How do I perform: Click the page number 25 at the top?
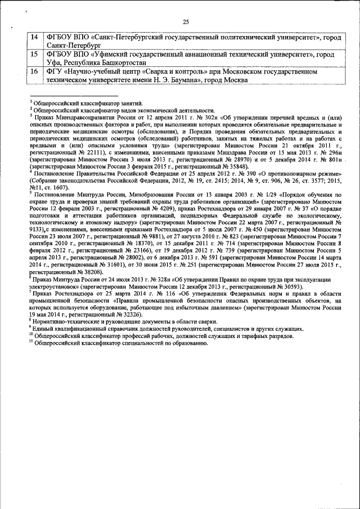(186, 21)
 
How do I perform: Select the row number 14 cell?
(34, 38)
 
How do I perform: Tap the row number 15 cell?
(34, 55)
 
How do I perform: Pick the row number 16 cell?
(34, 72)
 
